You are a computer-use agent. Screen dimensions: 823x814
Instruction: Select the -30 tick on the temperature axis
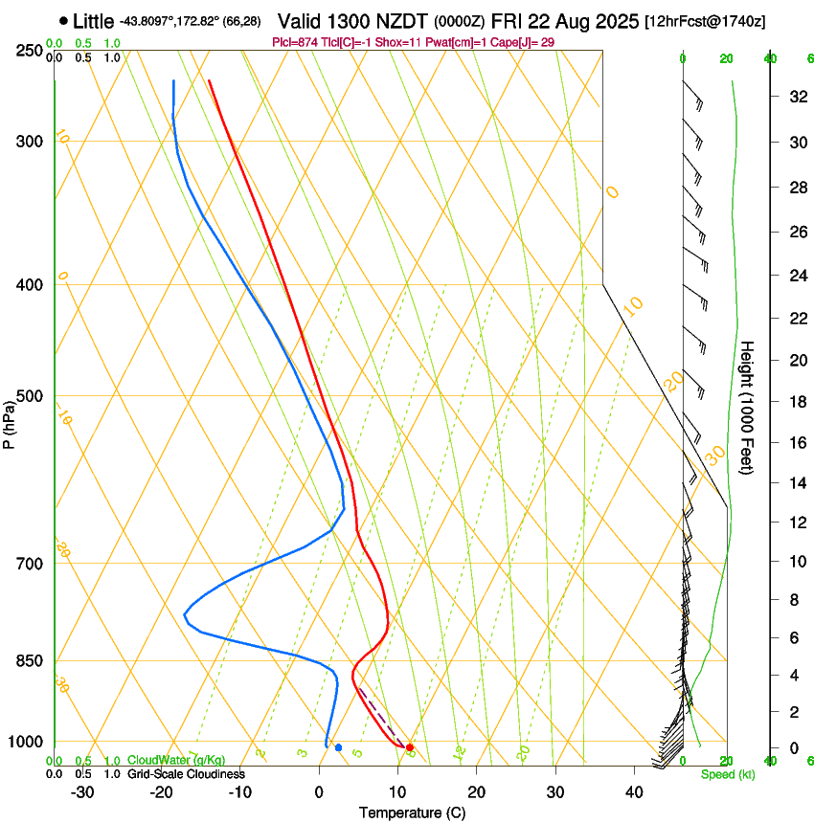coord(82,791)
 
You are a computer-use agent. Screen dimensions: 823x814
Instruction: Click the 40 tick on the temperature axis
coord(633,791)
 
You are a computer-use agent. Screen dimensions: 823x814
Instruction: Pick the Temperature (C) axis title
coord(412,812)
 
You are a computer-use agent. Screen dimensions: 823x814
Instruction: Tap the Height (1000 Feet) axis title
coord(747,407)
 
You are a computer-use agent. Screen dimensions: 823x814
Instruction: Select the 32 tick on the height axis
coord(795,97)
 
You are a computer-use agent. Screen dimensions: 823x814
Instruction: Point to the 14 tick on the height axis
coord(795,483)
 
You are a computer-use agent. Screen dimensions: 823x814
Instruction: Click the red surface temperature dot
coord(410,746)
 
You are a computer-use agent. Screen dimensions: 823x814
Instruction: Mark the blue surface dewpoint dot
coord(338,746)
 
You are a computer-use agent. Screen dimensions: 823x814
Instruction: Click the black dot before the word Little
coord(63,20)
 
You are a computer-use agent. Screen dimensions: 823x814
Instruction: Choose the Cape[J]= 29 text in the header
coord(526,42)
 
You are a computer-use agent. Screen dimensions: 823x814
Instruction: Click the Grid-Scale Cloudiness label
coord(187,773)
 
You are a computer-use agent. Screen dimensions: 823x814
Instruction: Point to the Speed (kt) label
coord(727,773)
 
